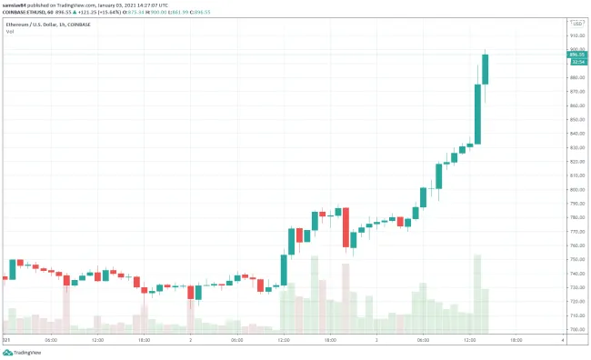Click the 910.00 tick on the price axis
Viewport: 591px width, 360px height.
[576, 35]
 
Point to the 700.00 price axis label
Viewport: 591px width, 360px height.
[576, 329]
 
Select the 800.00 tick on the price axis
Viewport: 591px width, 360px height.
[576, 189]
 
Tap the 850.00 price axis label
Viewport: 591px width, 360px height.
[576, 119]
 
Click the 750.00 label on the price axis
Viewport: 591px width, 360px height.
[576, 259]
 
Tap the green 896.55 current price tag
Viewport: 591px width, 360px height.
[576, 55]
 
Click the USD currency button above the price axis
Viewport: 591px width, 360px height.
[576, 22]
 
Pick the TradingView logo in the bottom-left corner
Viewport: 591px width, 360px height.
[23, 352]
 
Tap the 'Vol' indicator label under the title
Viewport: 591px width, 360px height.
[10, 32]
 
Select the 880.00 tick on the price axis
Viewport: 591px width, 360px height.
[576, 77]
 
